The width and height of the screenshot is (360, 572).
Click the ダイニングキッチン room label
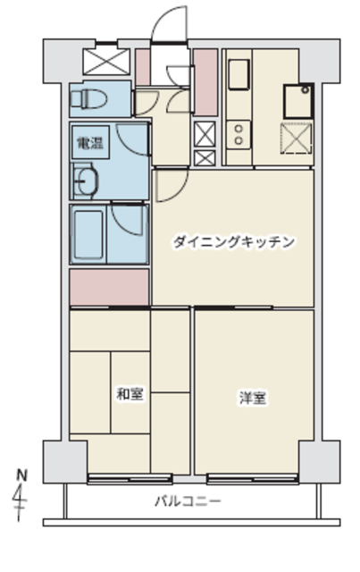pyautogui.click(x=233, y=242)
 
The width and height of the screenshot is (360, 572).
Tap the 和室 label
pyautogui.click(x=130, y=393)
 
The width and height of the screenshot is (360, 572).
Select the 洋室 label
pyautogui.click(x=253, y=398)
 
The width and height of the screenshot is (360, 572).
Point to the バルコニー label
pyautogui.click(x=188, y=500)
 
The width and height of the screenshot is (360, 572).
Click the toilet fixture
pyautogui.click(x=88, y=98)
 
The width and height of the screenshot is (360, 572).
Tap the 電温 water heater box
pyautogui.click(x=90, y=142)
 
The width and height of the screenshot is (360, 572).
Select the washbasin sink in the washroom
pyautogui.click(x=86, y=181)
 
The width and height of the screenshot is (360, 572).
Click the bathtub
pyautogui.click(x=88, y=234)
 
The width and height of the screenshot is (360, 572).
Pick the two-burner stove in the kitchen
pyautogui.click(x=239, y=135)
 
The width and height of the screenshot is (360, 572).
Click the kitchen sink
pyautogui.click(x=239, y=74)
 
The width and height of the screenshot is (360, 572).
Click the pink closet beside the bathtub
pyautogui.click(x=109, y=287)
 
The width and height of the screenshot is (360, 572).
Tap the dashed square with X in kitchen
pyautogui.click(x=297, y=139)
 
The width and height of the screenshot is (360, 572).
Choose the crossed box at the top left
pyautogui.click(x=106, y=62)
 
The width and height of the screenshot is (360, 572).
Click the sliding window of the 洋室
pyautogui.click(x=253, y=479)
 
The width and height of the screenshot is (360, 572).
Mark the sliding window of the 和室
pyautogui.click(x=130, y=479)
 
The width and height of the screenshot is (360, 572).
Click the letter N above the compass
pyautogui.click(x=21, y=475)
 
